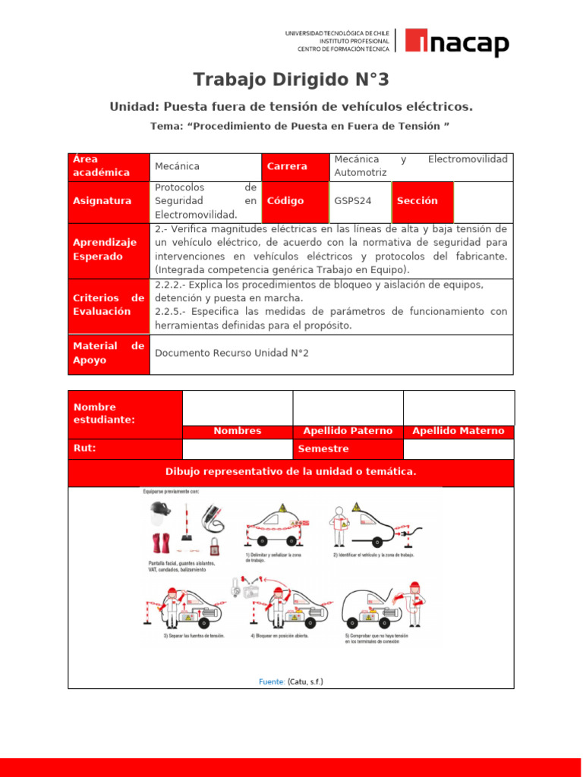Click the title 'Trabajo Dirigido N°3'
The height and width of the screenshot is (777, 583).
point(291,80)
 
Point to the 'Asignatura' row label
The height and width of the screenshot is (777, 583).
point(102,201)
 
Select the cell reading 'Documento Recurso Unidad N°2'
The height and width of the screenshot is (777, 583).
point(232,353)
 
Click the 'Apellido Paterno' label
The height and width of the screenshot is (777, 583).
point(348,431)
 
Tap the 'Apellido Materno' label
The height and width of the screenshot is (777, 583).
point(458,431)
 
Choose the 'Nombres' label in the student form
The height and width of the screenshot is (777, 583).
point(237,431)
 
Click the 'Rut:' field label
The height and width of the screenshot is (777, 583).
point(84,448)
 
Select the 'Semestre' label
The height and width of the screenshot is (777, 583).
point(323,449)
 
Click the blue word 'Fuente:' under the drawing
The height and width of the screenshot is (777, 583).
point(271,681)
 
